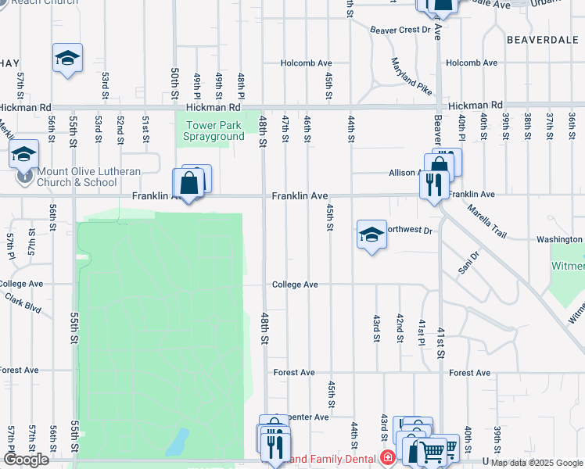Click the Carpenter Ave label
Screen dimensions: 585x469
click(303, 417)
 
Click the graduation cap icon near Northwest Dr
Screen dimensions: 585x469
click(371, 234)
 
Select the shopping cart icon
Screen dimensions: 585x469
click(432, 450)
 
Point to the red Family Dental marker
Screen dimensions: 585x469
click(386, 457)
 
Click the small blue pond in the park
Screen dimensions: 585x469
click(178, 441)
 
